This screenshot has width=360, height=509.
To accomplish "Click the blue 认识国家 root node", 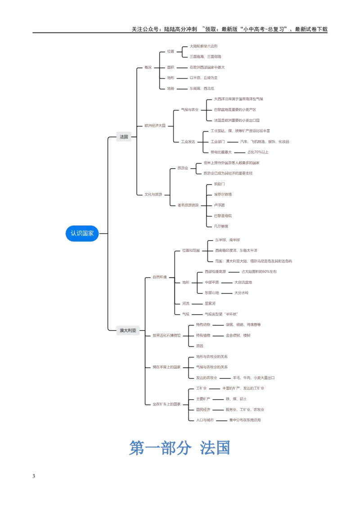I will (x=82, y=233).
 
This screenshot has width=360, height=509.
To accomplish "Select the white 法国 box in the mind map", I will (x=124, y=137).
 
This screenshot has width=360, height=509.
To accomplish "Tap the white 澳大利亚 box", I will (x=128, y=330).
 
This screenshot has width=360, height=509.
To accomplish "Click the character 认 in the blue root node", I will (x=73, y=233).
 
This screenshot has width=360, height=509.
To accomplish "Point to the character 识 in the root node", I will (x=79, y=233).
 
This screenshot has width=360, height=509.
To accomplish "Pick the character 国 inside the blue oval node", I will (x=85, y=233).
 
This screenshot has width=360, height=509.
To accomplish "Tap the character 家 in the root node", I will (x=91, y=233).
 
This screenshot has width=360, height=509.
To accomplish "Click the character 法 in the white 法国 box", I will (x=121, y=137).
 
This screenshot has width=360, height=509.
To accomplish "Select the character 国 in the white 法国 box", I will (x=126, y=137).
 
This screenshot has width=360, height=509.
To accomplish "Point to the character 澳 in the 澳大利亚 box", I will (x=121, y=330).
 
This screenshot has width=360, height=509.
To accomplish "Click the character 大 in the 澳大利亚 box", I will (x=126, y=330).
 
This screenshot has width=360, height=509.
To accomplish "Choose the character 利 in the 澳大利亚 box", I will (x=130, y=330).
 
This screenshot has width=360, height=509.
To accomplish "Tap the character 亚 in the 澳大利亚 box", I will (x=134, y=330).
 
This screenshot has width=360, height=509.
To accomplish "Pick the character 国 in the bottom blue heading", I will (x=223, y=448).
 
